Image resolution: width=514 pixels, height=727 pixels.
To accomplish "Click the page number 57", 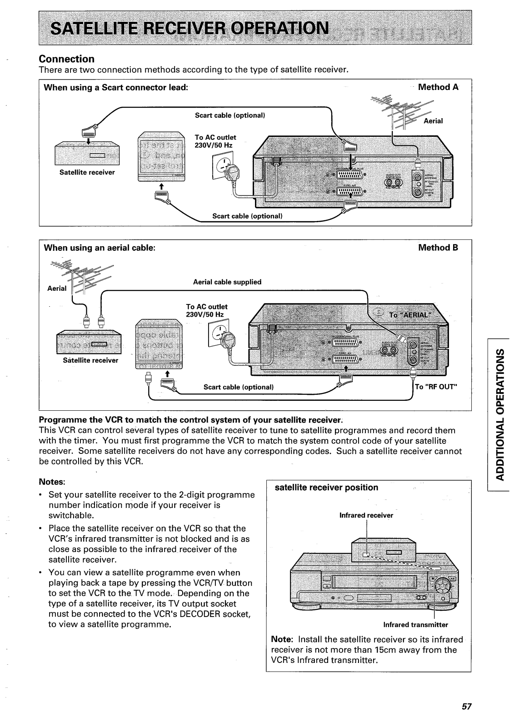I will point(467,707).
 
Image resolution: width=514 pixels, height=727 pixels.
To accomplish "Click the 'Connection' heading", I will point(66,59).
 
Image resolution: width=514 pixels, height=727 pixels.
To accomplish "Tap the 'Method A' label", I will point(438,87).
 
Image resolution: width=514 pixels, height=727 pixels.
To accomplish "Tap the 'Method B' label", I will point(438,248).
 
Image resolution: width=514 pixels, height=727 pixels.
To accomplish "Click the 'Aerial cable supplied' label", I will point(227,282).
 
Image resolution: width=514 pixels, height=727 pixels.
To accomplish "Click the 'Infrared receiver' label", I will point(366,515).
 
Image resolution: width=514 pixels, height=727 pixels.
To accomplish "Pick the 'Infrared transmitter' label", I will point(415,624).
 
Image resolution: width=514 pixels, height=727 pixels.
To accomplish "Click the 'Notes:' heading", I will point(53,481).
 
